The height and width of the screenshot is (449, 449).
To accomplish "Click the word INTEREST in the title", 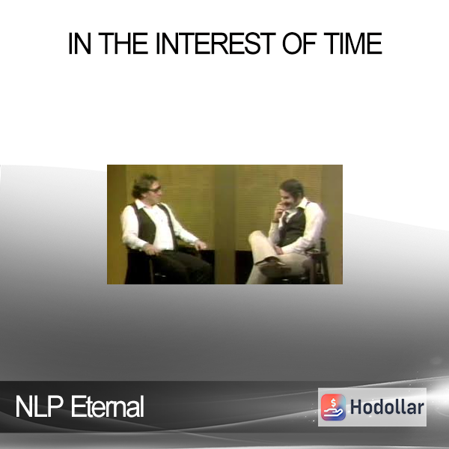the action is pyautogui.click(x=216, y=43).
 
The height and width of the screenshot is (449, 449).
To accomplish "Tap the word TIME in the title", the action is pyautogui.click(x=353, y=43).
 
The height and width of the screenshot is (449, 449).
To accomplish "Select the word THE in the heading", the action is pyautogui.click(x=123, y=43).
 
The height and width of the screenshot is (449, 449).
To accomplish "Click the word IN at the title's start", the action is pyautogui.click(x=79, y=43).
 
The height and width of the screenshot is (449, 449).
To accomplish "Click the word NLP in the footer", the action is pyautogui.click(x=39, y=406).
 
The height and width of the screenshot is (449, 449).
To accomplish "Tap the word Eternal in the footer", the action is pyautogui.click(x=107, y=406).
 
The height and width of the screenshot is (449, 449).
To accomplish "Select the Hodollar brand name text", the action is pyautogui.click(x=387, y=407).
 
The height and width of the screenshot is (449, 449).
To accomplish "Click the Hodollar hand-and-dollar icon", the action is pyautogui.click(x=333, y=407).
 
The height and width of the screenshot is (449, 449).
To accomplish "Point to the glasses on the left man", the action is pyautogui.click(x=156, y=189).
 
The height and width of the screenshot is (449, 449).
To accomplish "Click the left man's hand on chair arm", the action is pyautogui.click(x=201, y=245).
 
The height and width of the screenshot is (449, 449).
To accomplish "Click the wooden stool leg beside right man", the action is pyautogui.click(x=324, y=262).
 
